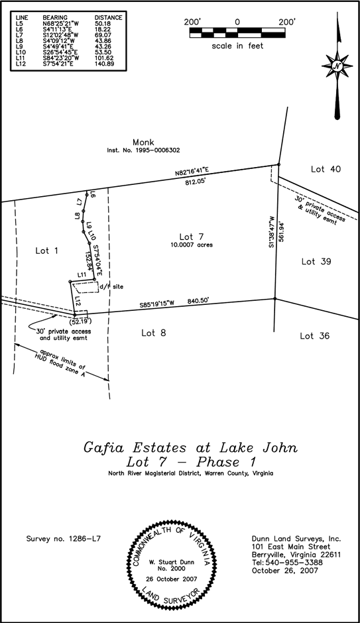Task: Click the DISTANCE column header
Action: (108, 16)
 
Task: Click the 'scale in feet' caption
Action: (237, 46)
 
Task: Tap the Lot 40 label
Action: (326, 169)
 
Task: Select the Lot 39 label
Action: (316, 262)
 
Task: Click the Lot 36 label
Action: (315, 336)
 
